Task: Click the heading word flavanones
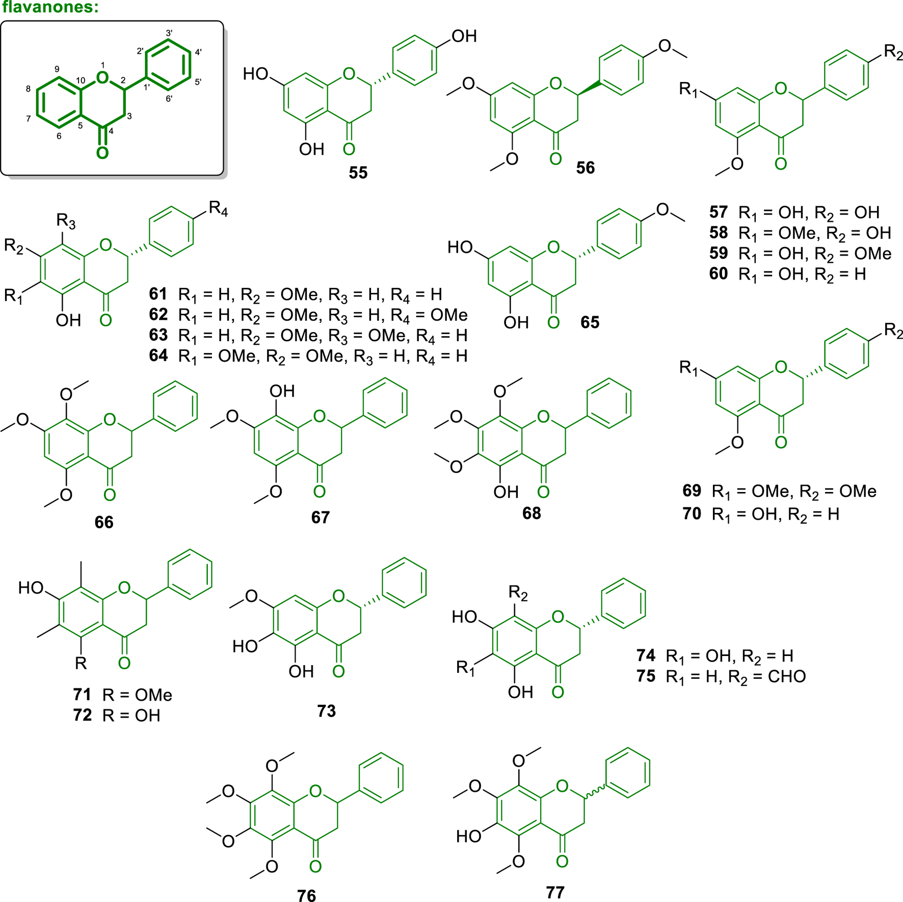point(50,8)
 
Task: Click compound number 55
point(358,173)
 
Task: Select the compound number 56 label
point(585,168)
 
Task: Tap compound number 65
point(590,322)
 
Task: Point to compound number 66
point(104,523)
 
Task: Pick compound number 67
point(321,518)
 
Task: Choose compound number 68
point(532,513)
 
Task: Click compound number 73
point(326,711)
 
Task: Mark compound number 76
point(306,896)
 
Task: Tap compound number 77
point(555,893)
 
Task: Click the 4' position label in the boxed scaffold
point(198,52)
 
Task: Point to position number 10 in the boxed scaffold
point(81,80)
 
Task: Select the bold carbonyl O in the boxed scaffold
point(102,153)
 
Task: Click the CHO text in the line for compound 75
point(786,677)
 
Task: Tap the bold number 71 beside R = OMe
point(82,695)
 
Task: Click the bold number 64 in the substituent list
point(158,356)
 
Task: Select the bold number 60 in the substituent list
point(719,274)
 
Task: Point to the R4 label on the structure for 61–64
point(218,209)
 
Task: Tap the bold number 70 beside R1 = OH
point(692,514)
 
